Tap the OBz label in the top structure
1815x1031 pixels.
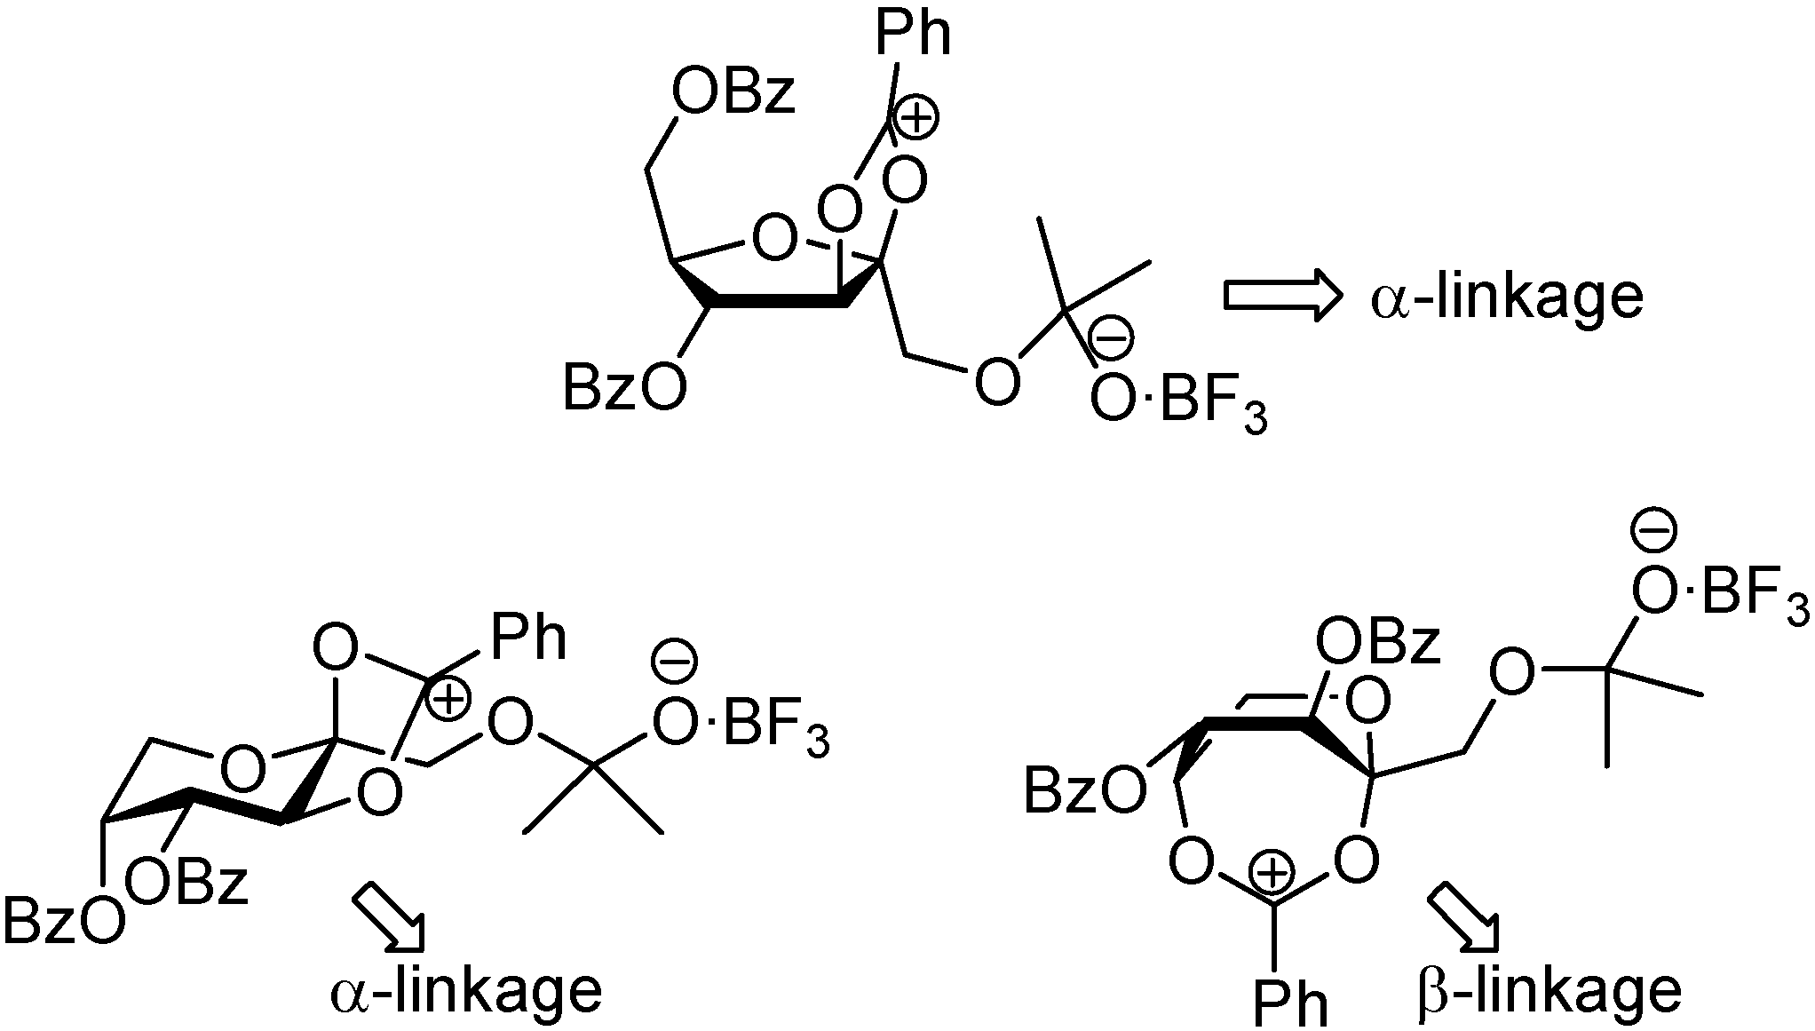(733, 94)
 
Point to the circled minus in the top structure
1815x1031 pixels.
(1110, 340)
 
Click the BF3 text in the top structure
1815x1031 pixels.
(1213, 405)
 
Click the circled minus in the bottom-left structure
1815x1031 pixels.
(675, 661)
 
